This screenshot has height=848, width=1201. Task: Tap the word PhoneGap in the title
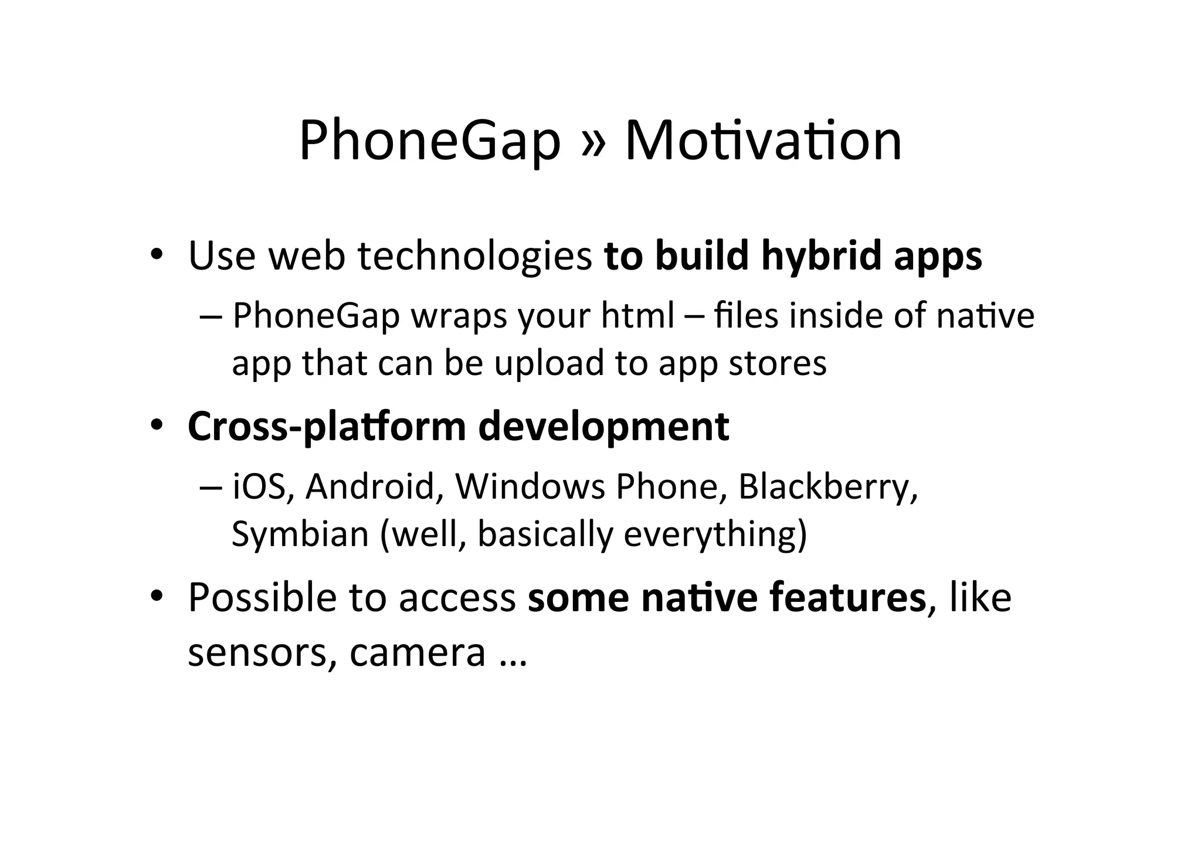(x=430, y=142)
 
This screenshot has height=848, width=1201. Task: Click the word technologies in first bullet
(x=475, y=257)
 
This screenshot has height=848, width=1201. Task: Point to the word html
(x=637, y=315)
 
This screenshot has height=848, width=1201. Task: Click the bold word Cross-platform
(x=326, y=427)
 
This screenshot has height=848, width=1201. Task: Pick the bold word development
(x=603, y=427)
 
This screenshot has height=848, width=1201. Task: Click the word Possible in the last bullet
(x=262, y=598)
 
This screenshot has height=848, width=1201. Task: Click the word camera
(x=418, y=652)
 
